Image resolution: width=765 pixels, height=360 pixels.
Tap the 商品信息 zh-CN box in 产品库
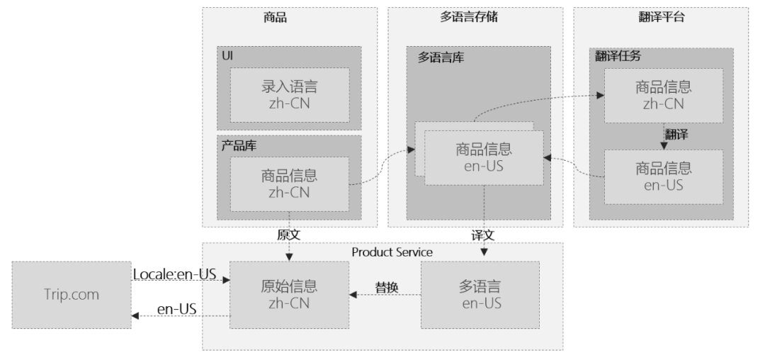[x=290, y=184]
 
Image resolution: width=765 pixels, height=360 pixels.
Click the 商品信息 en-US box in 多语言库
[x=484, y=159]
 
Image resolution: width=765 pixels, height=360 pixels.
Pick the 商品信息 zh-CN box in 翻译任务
[x=663, y=96]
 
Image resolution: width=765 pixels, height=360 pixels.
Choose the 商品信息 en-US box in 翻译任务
[x=663, y=177]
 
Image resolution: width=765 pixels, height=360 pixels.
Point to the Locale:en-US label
[x=174, y=274]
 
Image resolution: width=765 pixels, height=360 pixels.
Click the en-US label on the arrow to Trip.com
[x=176, y=309]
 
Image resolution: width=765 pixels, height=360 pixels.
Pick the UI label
[x=227, y=55]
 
